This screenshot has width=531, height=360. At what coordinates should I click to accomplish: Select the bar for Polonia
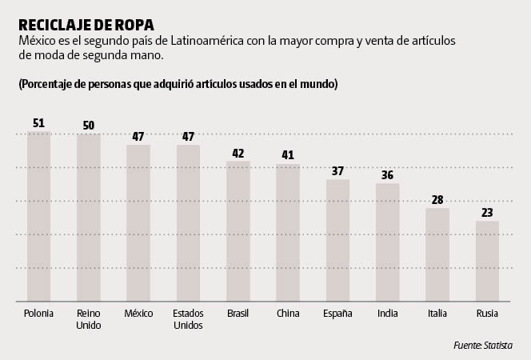click(x=38, y=216)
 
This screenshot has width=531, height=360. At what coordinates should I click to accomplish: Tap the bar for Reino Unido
click(x=89, y=218)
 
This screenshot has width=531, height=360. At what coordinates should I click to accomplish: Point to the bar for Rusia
click(x=487, y=261)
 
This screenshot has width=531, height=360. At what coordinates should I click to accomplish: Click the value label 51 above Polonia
click(x=38, y=123)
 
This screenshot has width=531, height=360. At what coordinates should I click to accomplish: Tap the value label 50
click(x=89, y=125)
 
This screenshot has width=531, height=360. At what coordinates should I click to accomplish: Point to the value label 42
click(x=238, y=153)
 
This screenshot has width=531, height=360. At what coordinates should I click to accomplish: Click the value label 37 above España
click(x=337, y=171)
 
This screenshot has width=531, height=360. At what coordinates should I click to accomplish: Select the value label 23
click(x=487, y=213)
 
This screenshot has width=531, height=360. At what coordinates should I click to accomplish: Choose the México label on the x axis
click(x=138, y=314)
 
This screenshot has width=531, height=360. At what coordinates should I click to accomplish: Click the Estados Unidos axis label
click(x=188, y=319)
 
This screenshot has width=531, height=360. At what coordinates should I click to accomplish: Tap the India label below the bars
click(x=388, y=314)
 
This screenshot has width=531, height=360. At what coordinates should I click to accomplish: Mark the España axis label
click(x=337, y=314)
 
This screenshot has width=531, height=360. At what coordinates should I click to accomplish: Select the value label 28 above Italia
click(x=437, y=200)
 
